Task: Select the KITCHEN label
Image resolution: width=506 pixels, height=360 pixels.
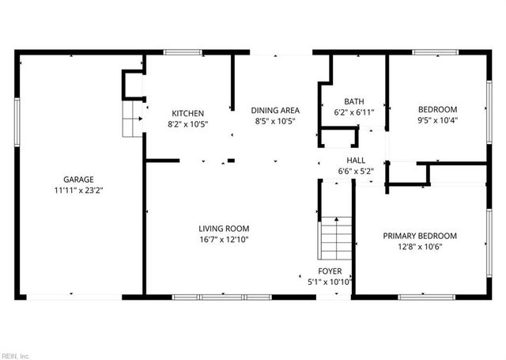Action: [x=188, y=113]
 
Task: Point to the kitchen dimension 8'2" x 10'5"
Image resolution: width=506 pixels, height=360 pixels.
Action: [x=188, y=124]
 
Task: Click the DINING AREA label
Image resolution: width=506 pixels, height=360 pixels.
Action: [x=274, y=110]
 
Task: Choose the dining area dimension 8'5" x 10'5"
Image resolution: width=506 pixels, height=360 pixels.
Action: [x=274, y=121]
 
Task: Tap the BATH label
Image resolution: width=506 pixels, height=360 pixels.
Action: [x=353, y=101]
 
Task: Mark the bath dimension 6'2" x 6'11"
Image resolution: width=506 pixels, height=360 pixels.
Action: [x=353, y=112]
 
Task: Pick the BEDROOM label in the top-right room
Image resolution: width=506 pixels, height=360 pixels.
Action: [x=437, y=109]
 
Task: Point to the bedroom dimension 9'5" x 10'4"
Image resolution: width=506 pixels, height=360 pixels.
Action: [x=437, y=120]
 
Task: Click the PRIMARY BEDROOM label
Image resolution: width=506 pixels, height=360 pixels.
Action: [x=420, y=236]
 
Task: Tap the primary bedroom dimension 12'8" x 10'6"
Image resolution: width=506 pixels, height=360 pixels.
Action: [x=420, y=247]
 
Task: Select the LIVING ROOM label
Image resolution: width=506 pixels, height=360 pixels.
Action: [x=224, y=229]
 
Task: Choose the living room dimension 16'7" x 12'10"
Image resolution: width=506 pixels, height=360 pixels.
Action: [x=224, y=240]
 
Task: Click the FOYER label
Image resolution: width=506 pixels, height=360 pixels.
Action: [x=330, y=271]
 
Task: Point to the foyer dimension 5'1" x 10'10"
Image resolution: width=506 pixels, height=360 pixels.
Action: [x=330, y=282]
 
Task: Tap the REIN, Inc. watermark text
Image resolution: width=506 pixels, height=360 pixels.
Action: [x=16, y=356]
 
